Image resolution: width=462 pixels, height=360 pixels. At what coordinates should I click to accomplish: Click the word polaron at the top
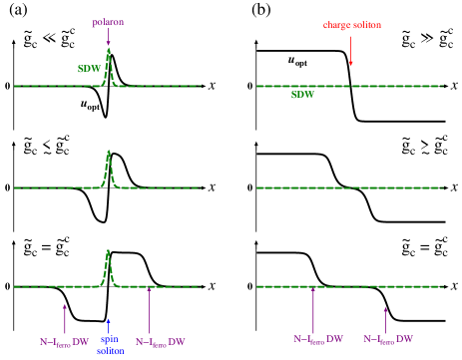coord(108,22)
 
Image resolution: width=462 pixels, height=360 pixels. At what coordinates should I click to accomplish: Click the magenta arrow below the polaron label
coord(109,37)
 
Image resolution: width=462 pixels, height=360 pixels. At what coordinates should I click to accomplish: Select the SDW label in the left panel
coord(89,69)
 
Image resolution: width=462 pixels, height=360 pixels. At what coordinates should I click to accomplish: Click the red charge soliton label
coord(351,25)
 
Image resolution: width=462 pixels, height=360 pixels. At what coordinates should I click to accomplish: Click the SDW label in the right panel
coord(302,95)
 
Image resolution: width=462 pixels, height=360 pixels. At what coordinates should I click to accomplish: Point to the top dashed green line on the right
coord(349,86)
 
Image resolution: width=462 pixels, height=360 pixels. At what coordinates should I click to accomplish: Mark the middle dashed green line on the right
coord(349,187)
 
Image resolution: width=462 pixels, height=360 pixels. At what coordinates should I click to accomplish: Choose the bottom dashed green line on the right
coord(349,286)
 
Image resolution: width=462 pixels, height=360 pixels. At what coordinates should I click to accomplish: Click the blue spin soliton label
coord(110,345)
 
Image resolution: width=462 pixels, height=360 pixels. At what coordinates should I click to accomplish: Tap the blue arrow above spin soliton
coord(108,326)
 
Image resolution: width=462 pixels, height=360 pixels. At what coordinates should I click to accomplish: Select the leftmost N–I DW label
coord(64,342)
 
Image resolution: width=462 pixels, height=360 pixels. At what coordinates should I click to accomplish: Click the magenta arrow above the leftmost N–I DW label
coord(65,319)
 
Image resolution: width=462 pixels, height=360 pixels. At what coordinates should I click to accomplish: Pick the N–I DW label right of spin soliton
coord(160,342)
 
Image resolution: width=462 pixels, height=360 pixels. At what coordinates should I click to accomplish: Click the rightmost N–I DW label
coord(387,340)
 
